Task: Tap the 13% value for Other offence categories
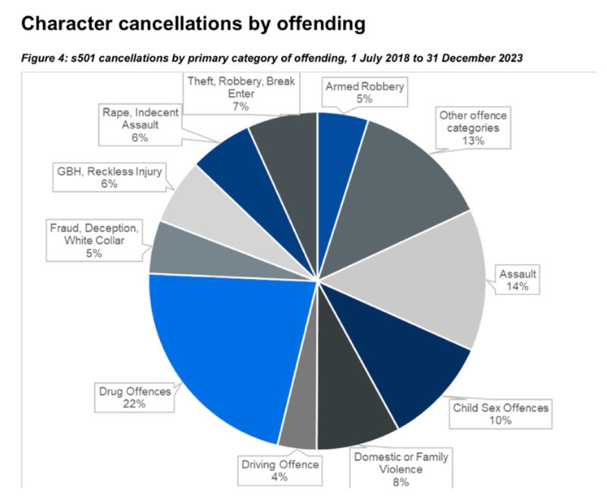pos(473,141)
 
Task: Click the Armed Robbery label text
pos(365,86)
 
